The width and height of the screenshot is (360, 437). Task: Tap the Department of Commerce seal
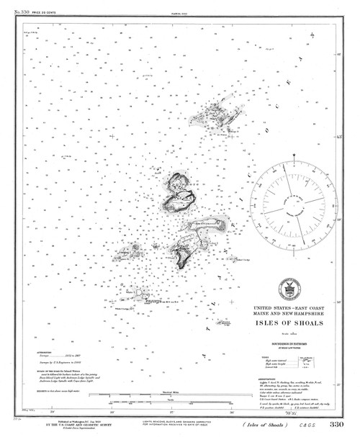pos(292,289)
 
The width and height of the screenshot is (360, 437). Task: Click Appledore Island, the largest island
pos(178,194)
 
